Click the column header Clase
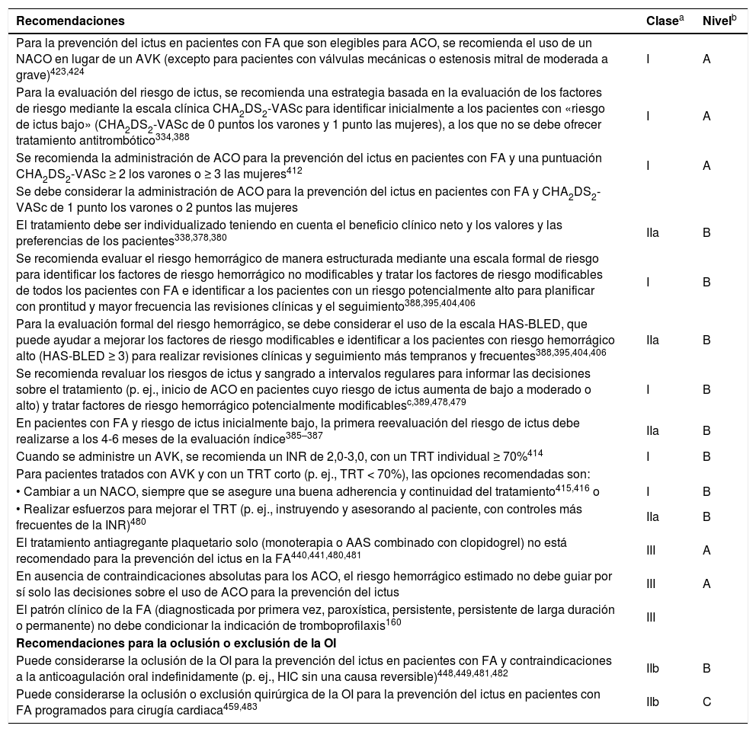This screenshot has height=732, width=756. (661, 20)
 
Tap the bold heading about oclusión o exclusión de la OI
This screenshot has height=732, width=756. (176, 644)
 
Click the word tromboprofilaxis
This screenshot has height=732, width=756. (354, 625)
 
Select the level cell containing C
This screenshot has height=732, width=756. (706, 702)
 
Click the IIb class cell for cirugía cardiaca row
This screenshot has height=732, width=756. (653, 702)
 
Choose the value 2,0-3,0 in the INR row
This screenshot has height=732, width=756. (278, 457)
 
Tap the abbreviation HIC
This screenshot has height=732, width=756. (330, 675)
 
